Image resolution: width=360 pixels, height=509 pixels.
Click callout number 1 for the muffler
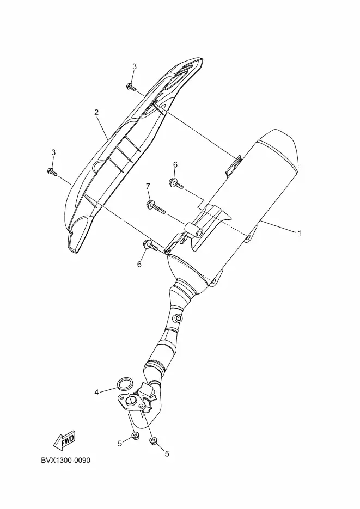(x=299, y=233)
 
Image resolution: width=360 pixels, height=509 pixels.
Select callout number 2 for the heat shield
(x=96, y=113)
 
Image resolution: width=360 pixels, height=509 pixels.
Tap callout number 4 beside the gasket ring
(x=96, y=392)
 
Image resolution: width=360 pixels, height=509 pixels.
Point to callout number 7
(x=148, y=187)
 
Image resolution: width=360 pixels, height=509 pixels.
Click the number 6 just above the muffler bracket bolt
(x=175, y=164)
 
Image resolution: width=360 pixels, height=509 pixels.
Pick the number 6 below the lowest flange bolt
(x=139, y=264)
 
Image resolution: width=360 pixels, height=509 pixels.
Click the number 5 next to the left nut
(x=120, y=444)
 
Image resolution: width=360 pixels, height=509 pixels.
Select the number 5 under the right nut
(x=167, y=453)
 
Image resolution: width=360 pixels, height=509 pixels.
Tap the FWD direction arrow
(x=64, y=439)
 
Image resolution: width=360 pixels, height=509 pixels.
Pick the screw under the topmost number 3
(x=132, y=87)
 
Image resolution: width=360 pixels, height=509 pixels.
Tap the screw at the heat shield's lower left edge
(x=52, y=172)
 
